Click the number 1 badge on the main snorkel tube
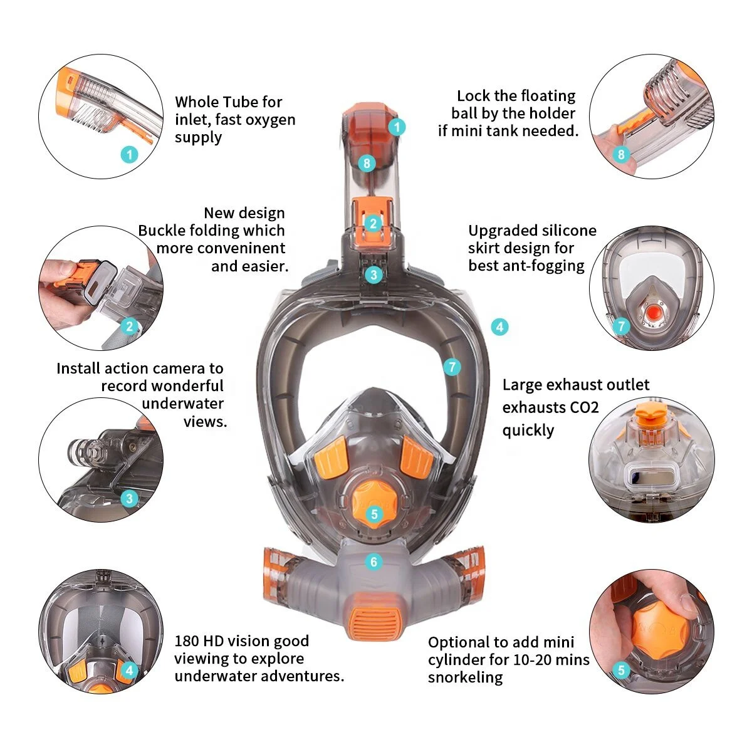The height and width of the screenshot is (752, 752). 397,127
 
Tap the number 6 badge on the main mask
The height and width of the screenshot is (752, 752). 374,562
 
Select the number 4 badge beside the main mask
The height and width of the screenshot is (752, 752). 499,326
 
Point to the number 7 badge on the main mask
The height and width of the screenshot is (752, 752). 452,367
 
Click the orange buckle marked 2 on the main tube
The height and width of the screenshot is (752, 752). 373,223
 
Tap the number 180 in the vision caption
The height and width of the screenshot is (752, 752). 187,641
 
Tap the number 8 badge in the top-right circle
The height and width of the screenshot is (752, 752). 621,154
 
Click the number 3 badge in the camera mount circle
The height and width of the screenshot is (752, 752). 130,499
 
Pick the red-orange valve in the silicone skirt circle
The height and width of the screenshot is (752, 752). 652,311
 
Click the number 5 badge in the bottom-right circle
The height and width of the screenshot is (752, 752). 621,671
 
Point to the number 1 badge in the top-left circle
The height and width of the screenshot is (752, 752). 130,154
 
